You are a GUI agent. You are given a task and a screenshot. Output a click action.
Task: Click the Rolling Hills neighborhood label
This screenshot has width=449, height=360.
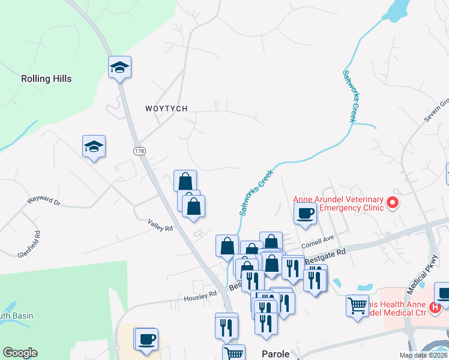point(46,79)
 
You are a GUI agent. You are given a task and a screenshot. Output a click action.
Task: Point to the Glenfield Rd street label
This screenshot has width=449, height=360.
point(29,245)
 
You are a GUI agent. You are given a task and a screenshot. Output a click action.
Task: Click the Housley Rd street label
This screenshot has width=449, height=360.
point(200,296)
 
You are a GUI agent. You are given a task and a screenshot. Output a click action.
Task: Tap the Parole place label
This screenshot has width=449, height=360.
point(276,354)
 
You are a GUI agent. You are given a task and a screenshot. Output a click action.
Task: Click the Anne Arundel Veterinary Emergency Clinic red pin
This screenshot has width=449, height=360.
point(393,203)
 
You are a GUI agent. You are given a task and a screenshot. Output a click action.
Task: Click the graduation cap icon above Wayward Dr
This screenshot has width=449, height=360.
point(94,146)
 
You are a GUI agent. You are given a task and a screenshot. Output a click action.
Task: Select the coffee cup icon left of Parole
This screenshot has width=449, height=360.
point(146,339)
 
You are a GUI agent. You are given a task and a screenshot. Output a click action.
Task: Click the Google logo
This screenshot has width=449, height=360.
point(20,353)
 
